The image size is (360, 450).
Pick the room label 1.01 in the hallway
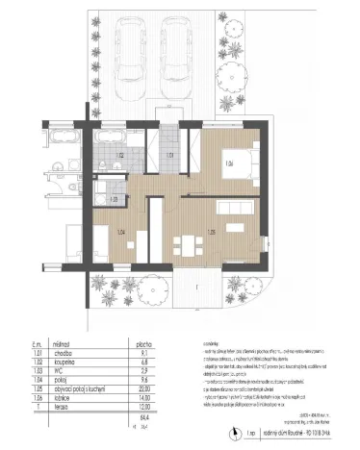pos(169,154)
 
